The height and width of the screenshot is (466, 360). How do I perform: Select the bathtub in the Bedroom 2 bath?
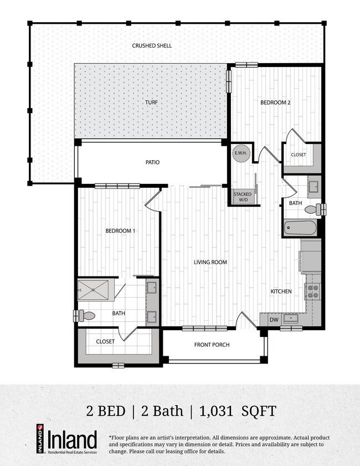[300, 228]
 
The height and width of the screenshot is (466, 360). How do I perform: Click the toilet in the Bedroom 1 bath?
[86, 315]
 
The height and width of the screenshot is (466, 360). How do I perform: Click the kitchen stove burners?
[313, 291]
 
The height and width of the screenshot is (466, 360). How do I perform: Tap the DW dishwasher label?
[273, 320]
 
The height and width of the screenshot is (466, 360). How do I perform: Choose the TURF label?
[151, 103]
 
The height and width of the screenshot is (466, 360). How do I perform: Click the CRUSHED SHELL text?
[151, 45]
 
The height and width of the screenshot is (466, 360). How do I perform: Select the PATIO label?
[153, 162]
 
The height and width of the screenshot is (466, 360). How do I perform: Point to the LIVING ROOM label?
[210, 262]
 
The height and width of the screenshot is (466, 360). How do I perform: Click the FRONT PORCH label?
[212, 345]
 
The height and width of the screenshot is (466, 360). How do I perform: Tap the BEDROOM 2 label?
[276, 103]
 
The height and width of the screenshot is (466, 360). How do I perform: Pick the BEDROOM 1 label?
[120, 231]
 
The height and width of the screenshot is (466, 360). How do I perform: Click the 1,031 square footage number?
[219, 411]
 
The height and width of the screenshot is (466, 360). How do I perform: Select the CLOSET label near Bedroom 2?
[298, 155]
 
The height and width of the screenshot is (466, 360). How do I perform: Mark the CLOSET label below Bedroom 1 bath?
[105, 341]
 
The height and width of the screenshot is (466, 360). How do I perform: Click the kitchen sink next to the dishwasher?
[290, 319]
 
